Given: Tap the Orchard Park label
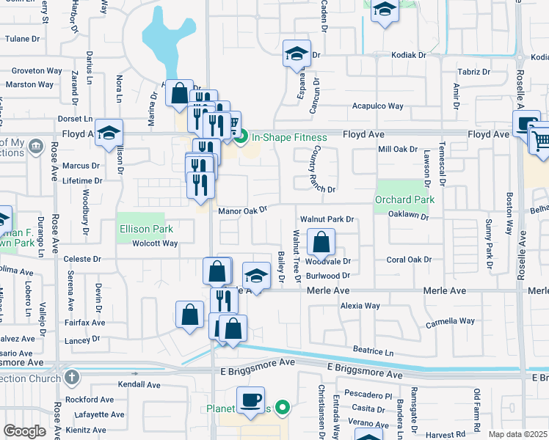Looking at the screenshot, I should [x=404, y=199].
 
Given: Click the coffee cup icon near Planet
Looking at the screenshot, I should [x=250, y=400].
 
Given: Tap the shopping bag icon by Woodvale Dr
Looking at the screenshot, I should [x=321, y=242].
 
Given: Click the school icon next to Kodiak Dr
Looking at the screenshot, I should [x=297, y=54].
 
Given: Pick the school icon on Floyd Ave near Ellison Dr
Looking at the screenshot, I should [x=109, y=133].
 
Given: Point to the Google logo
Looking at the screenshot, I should [x=24, y=431].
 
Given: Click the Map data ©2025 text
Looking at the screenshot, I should [x=518, y=434].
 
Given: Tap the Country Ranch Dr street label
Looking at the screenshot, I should [x=320, y=169].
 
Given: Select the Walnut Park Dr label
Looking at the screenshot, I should [x=327, y=219].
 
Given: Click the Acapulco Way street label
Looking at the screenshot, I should [x=377, y=106].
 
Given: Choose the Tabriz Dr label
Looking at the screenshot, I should [x=473, y=72].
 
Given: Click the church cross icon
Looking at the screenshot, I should [x=70, y=378].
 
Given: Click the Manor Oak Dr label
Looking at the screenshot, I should [x=242, y=210].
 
